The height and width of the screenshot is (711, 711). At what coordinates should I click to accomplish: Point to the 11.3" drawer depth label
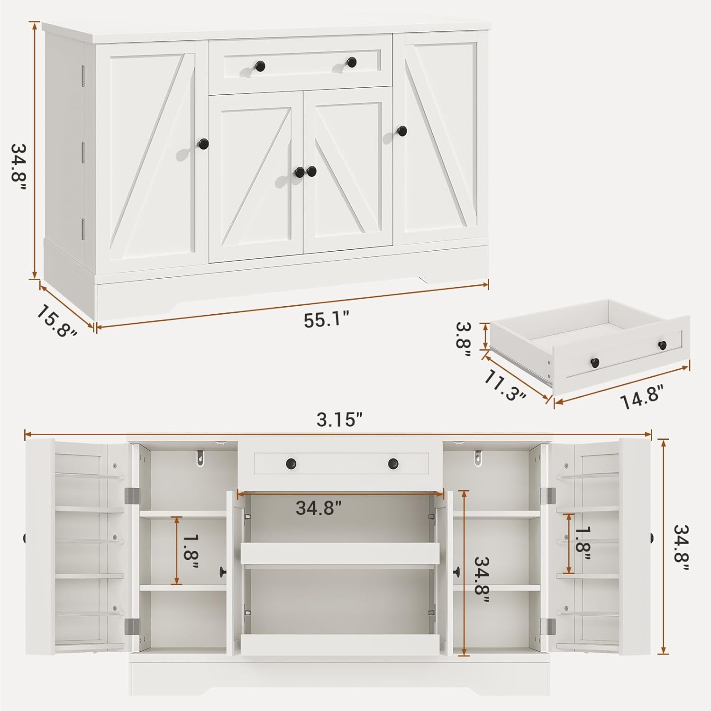pos(505,385)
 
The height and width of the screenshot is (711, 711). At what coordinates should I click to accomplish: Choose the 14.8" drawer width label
pos(641,396)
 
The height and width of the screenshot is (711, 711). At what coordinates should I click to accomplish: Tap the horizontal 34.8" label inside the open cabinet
pos(319,508)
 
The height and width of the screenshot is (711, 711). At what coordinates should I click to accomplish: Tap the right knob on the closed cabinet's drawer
pos(351,62)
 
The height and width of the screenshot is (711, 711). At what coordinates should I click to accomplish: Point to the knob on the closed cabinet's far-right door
pos(401,131)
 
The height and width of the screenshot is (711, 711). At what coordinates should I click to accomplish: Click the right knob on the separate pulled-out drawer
pos(662,345)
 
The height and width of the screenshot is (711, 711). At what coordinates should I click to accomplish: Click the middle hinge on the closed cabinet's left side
pos(82,153)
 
